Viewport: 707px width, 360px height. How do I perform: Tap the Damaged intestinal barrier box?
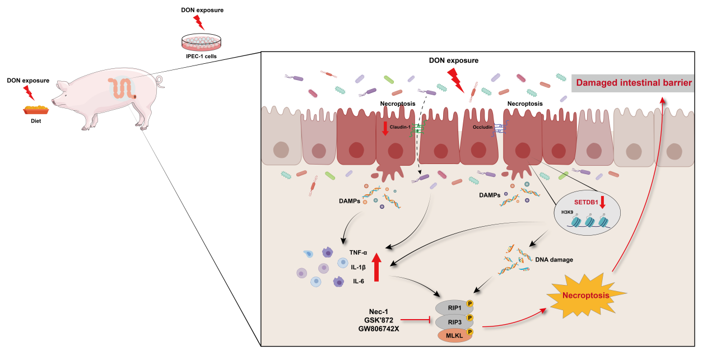click(632, 83)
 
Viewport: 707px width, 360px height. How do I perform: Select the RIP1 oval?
click(454, 307)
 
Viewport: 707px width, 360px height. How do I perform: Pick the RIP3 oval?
click(454, 321)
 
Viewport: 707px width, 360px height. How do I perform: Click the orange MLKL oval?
click(454, 335)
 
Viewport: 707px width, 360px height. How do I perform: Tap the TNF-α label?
click(358, 253)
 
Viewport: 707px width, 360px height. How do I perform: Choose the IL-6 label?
click(358, 281)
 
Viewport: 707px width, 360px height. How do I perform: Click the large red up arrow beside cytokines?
click(376, 267)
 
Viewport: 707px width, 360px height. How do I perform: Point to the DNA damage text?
click(554, 259)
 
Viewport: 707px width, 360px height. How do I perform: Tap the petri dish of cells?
click(201, 43)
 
